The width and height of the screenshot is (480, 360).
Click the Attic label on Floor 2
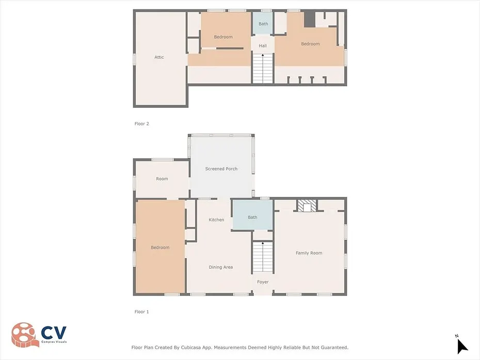pos(159,57)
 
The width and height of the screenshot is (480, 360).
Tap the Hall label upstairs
pos(263,46)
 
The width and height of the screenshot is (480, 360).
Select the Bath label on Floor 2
pos(263,24)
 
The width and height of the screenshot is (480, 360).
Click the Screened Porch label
pos(221,169)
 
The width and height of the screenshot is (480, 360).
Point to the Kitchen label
pos(216,220)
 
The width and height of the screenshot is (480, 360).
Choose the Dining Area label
pos(221,267)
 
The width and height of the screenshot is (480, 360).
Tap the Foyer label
pos(263,282)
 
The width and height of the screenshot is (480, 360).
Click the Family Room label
pos(309,253)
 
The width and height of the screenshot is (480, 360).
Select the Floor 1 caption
pos(142,312)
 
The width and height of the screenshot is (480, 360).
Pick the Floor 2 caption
pos(142,124)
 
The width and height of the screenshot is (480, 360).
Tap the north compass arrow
pos(462,346)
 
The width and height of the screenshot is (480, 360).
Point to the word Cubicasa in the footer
pos(193,348)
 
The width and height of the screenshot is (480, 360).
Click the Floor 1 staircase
pos(262,257)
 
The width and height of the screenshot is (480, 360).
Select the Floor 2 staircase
pos(262,69)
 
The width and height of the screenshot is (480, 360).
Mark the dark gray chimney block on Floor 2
pos(310,19)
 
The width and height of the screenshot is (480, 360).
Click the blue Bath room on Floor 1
pos(252,215)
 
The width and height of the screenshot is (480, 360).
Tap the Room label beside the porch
pos(162,179)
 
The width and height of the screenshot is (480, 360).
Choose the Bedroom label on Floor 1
pos(160,248)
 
